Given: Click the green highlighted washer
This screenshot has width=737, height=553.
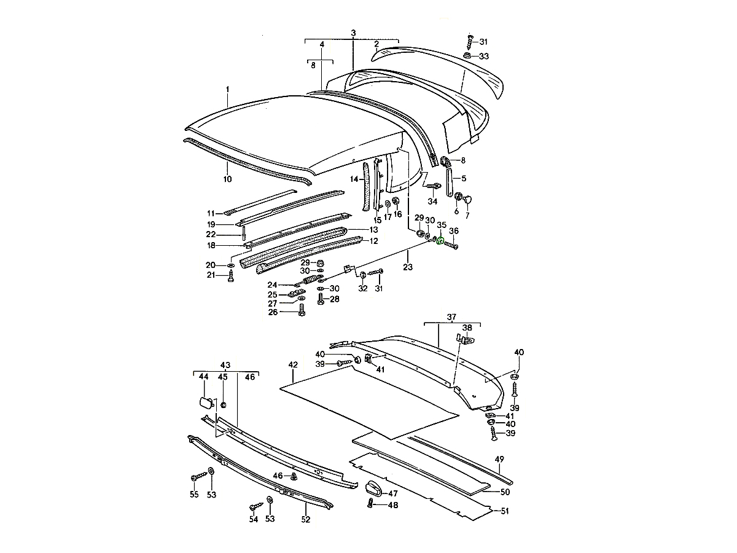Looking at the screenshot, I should point(440,241).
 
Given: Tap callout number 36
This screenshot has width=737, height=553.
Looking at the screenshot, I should point(454,231).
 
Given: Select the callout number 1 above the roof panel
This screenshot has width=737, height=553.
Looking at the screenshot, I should point(227,90).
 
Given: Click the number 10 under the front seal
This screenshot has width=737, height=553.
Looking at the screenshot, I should point(227,179).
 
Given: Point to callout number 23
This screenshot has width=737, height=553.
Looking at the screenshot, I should point(408,267).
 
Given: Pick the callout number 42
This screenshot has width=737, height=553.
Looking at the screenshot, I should point(293,365).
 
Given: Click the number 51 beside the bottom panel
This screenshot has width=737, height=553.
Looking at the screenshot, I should point(505,511).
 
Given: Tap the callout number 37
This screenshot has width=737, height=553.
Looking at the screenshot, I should point(452,317).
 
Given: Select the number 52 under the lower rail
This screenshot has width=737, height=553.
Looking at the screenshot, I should point(306,519).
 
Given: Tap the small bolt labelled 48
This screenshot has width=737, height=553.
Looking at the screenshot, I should point(370,504).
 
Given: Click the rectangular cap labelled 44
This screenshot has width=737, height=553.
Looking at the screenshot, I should point(205,403).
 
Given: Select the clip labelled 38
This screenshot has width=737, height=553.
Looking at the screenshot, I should point(466,337).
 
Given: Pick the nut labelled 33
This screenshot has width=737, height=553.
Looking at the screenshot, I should point(467,56).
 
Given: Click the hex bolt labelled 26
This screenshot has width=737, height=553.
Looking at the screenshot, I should point(302,312).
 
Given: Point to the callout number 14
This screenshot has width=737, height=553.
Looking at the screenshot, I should point(354,179).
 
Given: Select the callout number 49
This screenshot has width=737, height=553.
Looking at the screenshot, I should point(499,459).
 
